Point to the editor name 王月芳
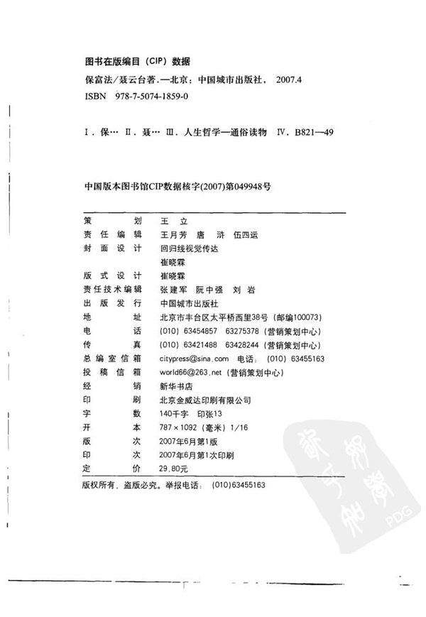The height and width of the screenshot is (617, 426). click(x=175, y=234)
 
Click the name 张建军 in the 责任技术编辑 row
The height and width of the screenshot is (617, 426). click(x=175, y=288)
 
